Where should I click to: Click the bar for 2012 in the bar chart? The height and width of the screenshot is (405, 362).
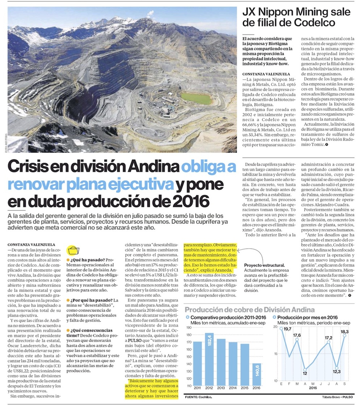(x=209, y=359)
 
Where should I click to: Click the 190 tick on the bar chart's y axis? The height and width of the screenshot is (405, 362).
(x=188, y=327)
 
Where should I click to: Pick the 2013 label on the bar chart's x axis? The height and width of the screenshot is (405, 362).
(x=221, y=389)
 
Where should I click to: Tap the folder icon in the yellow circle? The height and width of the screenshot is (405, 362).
(x=73, y=251)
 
